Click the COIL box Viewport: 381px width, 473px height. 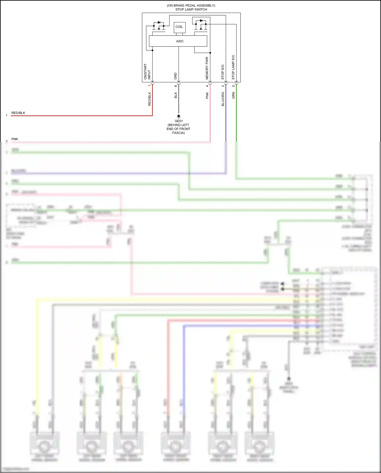(179, 27)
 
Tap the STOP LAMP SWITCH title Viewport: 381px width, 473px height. (191, 9)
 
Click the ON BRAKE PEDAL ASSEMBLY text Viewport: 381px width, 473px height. (191, 5)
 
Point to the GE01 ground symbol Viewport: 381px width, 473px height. (179, 116)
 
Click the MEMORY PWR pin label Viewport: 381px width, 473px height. (207, 68)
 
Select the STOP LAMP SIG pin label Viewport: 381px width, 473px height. (233, 67)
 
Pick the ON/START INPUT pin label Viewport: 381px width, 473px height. (147, 71)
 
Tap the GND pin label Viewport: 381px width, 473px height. (175, 76)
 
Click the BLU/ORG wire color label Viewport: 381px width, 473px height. (223, 99)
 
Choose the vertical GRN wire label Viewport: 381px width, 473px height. (233, 96)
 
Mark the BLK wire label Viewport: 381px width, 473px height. (176, 95)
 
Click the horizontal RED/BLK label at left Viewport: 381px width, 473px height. (18, 113)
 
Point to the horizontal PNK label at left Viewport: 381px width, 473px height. (15, 139)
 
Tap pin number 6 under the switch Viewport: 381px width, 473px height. (176, 86)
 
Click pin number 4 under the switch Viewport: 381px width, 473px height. (207, 86)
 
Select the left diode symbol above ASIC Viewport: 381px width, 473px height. (159, 23)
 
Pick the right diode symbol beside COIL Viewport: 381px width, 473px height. (201, 21)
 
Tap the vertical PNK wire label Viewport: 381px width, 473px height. (207, 96)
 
